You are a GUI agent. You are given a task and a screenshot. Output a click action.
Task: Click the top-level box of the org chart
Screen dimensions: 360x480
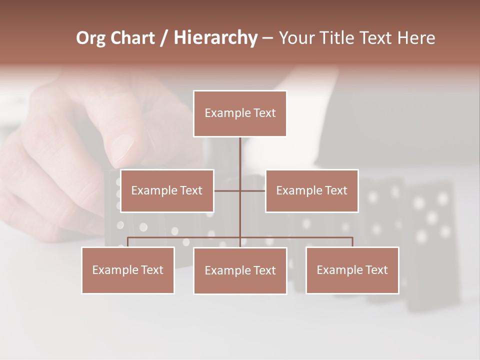pyautogui.click(x=240, y=113)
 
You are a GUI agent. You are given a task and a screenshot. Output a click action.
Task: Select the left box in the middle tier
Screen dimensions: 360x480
pyautogui.click(x=167, y=190)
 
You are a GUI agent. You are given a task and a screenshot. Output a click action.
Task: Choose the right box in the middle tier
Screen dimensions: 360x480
pyautogui.click(x=311, y=190)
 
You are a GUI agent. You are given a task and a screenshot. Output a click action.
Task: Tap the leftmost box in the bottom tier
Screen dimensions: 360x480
pyautogui.click(x=128, y=270)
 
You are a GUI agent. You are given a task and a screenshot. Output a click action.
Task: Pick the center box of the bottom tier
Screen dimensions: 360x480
pyautogui.click(x=240, y=270)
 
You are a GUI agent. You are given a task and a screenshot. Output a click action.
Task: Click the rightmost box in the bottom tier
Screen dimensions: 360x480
pyautogui.click(x=352, y=270)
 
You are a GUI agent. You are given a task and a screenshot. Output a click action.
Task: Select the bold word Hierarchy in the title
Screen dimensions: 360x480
pyautogui.click(x=215, y=38)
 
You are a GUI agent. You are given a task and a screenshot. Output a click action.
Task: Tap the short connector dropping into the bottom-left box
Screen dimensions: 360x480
pyautogui.click(x=128, y=242)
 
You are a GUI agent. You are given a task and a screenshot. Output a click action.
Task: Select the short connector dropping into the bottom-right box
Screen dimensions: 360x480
pyautogui.click(x=352, y=242)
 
